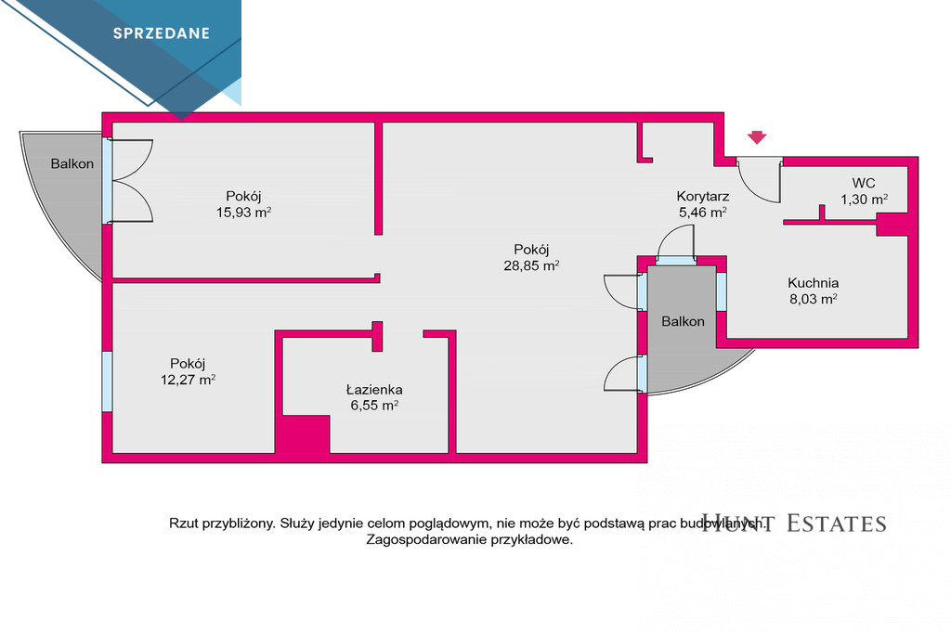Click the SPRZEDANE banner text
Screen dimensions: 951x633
[x=162, y=33]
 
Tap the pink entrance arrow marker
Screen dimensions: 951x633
[x=756, y=137]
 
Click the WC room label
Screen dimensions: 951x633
[x=864, y=183]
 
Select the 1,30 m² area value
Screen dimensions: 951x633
[x=864, y=200]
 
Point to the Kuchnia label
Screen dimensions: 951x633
[x=813, y=282]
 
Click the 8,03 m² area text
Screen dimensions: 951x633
[x=813, y=299]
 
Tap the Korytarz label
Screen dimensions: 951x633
[x=702, y=197]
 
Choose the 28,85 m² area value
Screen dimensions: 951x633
[x=531, y=265]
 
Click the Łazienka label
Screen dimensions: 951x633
[x=374, y=389]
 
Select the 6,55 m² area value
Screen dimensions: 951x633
[x=374, y=406]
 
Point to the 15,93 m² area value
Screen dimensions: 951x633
[x=243, y=213]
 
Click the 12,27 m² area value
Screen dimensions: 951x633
[x=188, y=381]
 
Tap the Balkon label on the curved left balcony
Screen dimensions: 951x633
[x=72, y=163]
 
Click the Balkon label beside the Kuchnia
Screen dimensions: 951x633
[x=683, y=321]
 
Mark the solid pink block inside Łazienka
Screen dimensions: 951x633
[x=303, y=433]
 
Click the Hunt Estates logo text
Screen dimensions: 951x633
[x=794, y=523]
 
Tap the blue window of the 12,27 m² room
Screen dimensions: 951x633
[x=107, y=381]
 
